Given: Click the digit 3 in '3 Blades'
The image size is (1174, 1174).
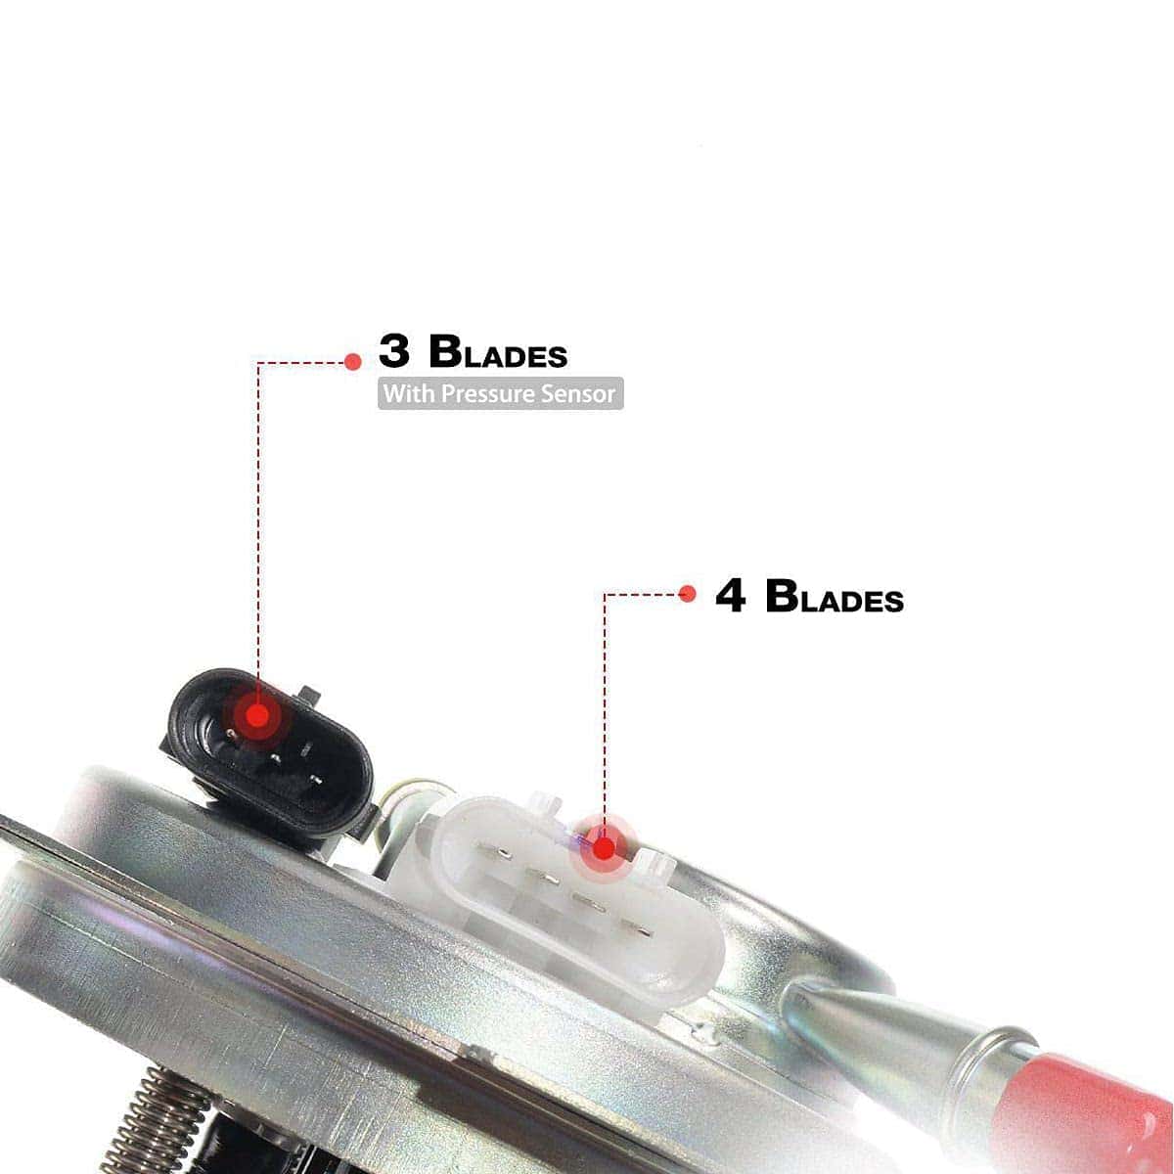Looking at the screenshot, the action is (393, 351).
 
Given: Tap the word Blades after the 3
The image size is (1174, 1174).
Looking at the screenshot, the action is (498, 351).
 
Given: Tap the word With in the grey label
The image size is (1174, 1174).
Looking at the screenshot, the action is (409, 393).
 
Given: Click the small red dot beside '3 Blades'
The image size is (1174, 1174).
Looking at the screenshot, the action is (353, 362).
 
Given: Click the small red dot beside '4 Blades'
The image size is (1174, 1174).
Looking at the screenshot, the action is (687, 594).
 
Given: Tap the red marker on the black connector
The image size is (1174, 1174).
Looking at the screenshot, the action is (257, 715).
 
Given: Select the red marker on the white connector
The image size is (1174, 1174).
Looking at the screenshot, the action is (604, 848).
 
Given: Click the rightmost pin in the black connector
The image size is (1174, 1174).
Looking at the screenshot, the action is (316, 779).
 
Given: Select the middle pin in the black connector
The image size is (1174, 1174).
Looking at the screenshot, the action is (275, 758).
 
